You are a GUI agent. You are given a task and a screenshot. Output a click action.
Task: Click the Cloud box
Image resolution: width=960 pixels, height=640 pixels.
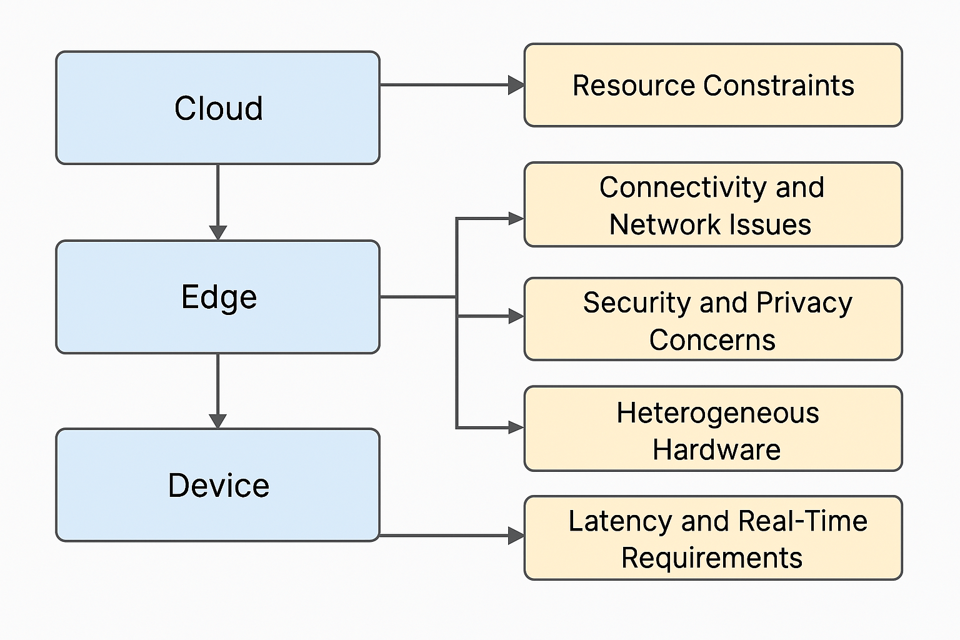click(217, 108)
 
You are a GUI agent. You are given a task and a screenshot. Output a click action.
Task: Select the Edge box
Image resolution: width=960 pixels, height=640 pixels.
click(217, 297)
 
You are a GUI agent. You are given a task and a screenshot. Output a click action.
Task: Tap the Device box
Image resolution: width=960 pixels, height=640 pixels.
click(217, 485)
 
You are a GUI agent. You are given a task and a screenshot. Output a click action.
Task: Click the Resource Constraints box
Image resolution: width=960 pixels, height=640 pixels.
click(712, 86)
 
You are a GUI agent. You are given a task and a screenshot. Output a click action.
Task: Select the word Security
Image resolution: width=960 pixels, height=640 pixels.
click(636, 302)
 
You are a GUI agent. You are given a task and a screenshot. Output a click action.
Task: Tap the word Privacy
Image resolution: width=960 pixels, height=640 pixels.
click(804, 302)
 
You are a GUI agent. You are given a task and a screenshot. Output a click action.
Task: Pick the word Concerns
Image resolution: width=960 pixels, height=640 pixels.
click(712, 340)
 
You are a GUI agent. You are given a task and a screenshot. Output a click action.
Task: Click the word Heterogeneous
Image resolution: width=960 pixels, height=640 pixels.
click(717, 413)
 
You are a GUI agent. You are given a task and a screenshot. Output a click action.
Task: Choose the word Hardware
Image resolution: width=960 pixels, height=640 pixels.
click(716, 449)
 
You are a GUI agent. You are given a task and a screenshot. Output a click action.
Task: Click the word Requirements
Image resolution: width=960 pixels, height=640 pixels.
click(711, 557)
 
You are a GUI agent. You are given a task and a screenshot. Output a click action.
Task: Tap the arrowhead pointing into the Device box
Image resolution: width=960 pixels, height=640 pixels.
click(217, 421)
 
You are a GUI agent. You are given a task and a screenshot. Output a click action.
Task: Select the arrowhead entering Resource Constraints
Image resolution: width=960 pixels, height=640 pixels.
click(516, 85)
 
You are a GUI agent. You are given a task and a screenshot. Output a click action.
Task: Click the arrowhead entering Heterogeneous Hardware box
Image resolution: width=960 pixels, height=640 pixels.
click(516, 427)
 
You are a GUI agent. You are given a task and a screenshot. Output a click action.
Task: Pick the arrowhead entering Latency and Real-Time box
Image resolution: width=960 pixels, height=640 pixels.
click(516, 536)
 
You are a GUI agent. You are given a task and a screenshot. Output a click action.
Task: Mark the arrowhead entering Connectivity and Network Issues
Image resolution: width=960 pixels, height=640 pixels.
click(516, 218)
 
